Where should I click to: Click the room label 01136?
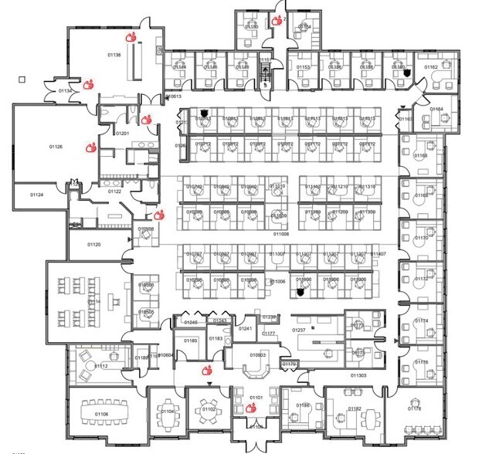(x=113, y=54)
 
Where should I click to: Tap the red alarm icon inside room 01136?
(x=131, y=36)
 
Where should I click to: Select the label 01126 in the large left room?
(x=56, y=146)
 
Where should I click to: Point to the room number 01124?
(x=37, y=195)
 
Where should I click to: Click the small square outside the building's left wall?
(x=22, y=78)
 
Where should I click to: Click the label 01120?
(x=93, y=244)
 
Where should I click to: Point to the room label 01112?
(x=101, y=365)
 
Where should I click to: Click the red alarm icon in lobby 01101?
(x=251, y=407)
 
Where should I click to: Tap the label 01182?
(x=355, y=408)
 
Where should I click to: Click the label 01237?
(x=300, y=330)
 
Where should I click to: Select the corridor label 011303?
(x=358, y=375)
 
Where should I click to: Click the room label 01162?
(x=430, y=67)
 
